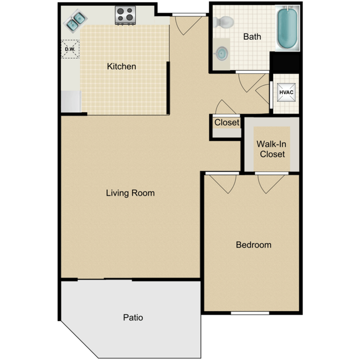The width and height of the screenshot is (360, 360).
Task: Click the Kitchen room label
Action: pyautogui.click(x=121, y=66)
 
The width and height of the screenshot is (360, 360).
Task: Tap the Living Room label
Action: pyautogui.click(x=130, y=193)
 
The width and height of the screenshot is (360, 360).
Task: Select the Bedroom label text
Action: pyautogui.click(x=254, y=244)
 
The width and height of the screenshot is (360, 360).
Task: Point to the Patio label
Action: pyautogui.click(x=133, y=317)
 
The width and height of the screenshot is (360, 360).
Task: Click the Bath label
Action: pyautogui.click(x=252, y=37)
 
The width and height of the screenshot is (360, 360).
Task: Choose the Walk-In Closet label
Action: pyautogui.click(x=271, y=149)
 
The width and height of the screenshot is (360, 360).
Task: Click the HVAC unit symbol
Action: pyautogui.click(x=286, y=92)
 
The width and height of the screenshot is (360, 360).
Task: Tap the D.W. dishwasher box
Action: pyautogui.click(x=70, y=49)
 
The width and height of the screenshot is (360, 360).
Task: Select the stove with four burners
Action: pyautogui.click(x=126, y=15)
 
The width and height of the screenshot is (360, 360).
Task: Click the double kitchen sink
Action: pyautogui.click(x=76, y=20)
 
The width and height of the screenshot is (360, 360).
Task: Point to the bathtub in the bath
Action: pyautogui.click(x=287, y=28)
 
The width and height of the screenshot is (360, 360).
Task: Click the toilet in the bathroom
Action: pyautogui.click(x=225, y=23)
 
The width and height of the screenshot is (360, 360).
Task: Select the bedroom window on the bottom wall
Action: pyautogui.click(x=250, y=313)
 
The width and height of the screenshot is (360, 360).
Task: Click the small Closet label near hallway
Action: pyautogui.click(x=227, y=122)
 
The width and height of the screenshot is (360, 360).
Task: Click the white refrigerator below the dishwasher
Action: pyautogui.click(x=71, y=101)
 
